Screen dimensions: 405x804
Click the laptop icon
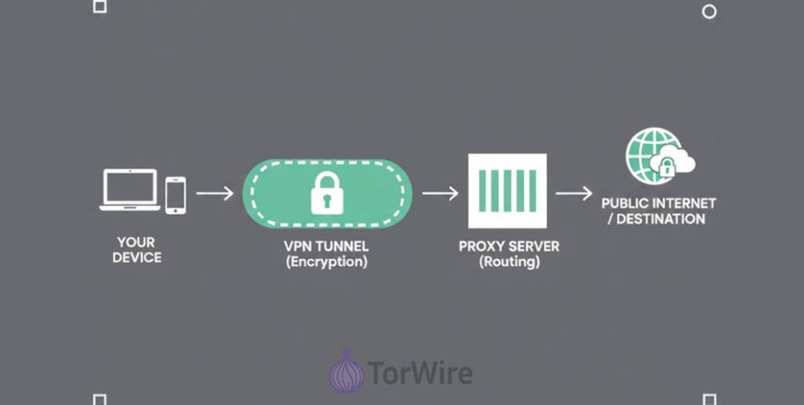click(130, 191)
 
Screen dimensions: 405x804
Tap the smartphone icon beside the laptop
click(176, 194)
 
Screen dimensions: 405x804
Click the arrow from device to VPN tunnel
click(214, 192)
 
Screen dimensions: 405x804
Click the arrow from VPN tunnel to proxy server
click(440, 192)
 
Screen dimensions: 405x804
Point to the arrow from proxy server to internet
click(573, 192)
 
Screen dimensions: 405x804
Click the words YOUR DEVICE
click(136, 250)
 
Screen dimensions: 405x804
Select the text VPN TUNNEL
click(326, 246)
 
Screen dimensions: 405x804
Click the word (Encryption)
click(326, 262)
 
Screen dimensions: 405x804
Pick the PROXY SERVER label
click(509, 246)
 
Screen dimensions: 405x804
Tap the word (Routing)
click(510, 262)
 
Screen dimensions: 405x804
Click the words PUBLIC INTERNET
click(658, 203)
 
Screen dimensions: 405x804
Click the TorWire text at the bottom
click(420, 372)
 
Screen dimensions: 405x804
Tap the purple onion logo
click(346, 371)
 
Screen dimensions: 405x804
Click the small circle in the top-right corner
click(708, 11)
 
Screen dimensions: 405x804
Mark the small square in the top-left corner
click(100, 7)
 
